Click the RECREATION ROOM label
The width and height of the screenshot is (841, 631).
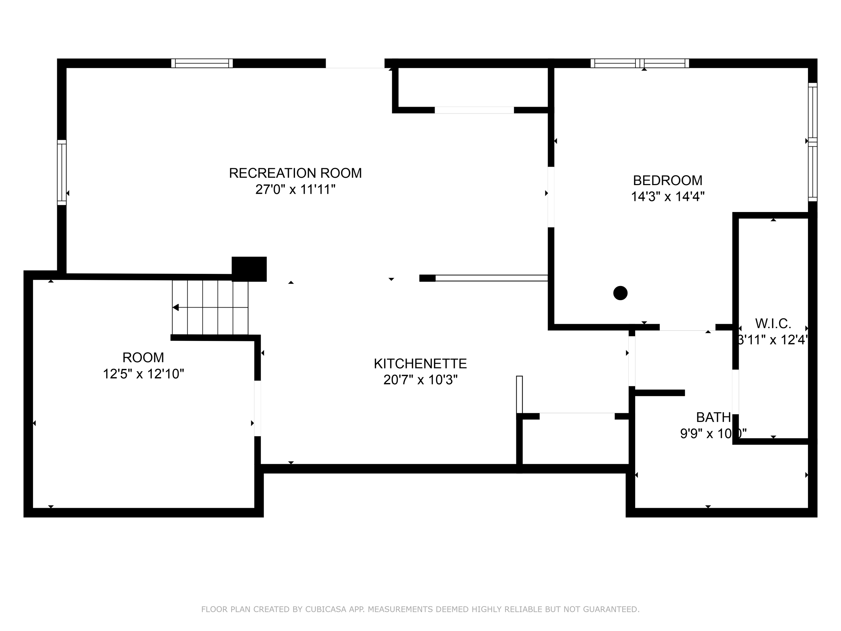click(295, 173)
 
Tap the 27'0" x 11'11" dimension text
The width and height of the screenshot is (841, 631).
click(295, 189)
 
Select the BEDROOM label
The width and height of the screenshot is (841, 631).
click(668, 180)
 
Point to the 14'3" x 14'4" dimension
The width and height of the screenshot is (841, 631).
click(668, 197)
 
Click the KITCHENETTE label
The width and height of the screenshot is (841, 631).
click(420, 363)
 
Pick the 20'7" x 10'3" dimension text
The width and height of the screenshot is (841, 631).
click(420, 380)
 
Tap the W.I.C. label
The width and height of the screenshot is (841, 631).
click(773, 324)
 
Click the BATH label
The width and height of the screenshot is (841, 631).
click(713, 418)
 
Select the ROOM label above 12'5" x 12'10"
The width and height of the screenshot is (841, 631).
click(143, 357)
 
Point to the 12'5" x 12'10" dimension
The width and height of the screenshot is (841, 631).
click(143, 374)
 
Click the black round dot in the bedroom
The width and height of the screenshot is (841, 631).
click(620, 293)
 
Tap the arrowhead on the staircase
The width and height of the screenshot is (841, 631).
click(176, 307)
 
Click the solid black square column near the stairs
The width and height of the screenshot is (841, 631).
click(249, 269)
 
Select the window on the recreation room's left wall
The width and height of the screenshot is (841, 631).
click(62, 172)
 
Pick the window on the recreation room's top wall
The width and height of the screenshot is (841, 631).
click(202, 63)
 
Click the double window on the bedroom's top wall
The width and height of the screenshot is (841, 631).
click(639, 63)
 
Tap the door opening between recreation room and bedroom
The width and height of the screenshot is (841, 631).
click(551, 197)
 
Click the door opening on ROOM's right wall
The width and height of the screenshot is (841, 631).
click(257, 408)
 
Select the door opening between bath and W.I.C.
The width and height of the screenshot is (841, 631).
click(735, 392)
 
